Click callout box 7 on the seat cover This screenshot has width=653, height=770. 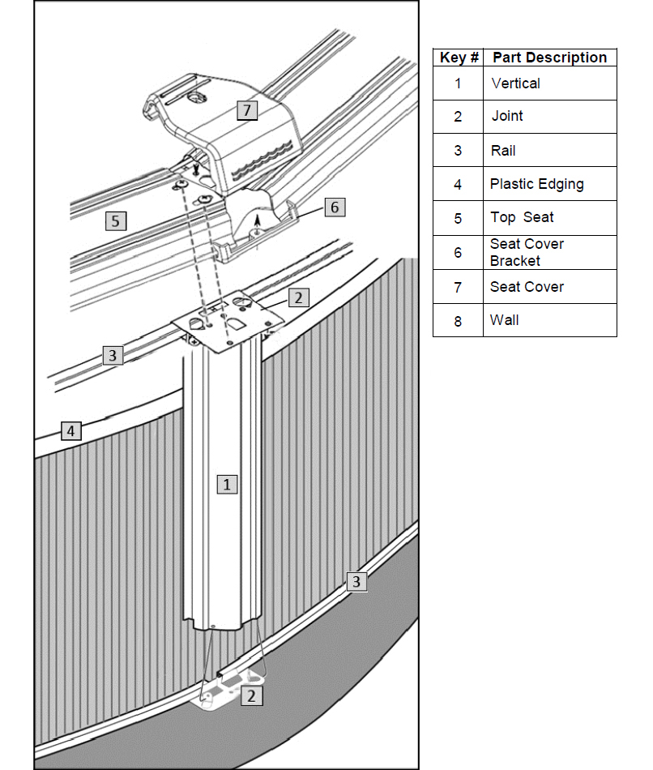point(247,110)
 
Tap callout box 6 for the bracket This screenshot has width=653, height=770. point(335,207)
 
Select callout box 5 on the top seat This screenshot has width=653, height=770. point(116,220)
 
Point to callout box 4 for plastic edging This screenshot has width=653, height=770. point(71,430)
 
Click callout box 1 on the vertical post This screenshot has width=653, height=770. point(228,484)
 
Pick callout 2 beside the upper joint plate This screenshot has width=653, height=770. point(298,297)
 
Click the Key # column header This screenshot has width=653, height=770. point(459,58)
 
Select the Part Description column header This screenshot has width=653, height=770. point(549,58)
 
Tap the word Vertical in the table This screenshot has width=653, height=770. point(515,83)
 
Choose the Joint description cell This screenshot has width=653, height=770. point(507,116)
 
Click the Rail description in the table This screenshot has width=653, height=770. point(503,151)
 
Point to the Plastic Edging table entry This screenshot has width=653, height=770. point(536,184)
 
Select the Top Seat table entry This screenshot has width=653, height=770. point(522,217)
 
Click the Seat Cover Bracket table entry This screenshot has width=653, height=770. point(527,252)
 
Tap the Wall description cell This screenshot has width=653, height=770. point(505,320)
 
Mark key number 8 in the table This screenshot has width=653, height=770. point(458,321)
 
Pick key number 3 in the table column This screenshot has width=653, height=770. point(458,151)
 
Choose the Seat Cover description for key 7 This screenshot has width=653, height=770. point(527,287)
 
